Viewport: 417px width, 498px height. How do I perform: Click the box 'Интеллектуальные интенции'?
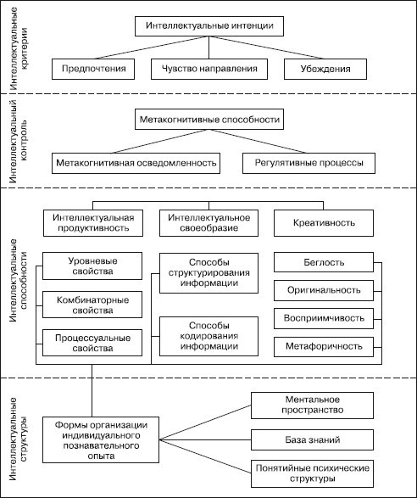(209, 26)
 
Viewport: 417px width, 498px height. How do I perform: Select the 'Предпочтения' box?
(93, 69)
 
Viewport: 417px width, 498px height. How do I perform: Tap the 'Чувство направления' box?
(209, 69)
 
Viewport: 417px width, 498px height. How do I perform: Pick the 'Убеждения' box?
(325, 69)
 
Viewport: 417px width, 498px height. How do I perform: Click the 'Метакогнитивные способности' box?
(209, 120)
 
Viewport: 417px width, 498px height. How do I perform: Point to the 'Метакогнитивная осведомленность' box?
(136, 163)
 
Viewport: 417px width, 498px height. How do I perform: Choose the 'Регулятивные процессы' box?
(309, 163)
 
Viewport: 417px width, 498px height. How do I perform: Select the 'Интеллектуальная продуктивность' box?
(93, 223)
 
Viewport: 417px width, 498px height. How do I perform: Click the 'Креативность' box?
(324, 223)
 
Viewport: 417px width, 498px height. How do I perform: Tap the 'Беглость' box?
(324, 262)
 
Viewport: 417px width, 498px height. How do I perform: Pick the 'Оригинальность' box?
(324, 290)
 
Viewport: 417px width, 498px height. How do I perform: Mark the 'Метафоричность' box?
(324, 346)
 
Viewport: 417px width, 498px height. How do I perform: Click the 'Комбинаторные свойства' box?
(92, 305)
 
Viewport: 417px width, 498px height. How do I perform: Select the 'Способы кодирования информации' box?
(208, 336)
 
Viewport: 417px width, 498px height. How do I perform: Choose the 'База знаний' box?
(312, 439)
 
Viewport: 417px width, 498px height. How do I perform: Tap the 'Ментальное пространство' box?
(312, 406)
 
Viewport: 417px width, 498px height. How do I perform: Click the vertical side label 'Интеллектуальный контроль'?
(18, 142)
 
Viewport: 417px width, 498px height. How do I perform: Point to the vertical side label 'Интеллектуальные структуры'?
(18, 439)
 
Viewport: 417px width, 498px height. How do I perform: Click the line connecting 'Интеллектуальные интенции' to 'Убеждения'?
(265, 48)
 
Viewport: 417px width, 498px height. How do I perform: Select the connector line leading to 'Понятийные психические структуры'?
(205, 456)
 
